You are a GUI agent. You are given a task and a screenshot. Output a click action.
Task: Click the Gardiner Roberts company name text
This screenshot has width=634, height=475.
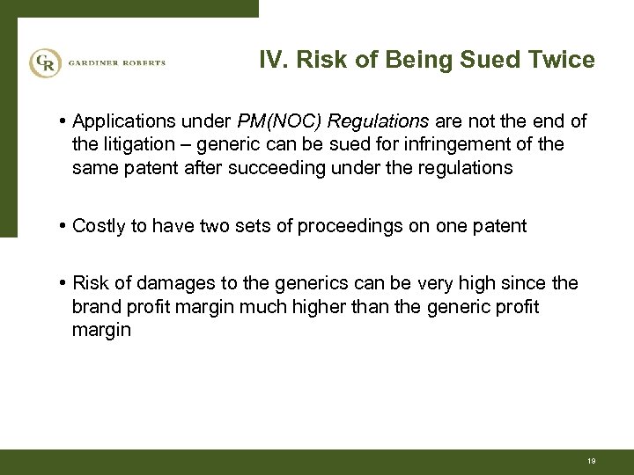point(116,62)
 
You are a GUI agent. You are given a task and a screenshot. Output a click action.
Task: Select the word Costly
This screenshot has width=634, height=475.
point(99,226)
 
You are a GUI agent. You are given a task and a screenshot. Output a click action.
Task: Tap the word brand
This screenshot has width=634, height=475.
point(94,307)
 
